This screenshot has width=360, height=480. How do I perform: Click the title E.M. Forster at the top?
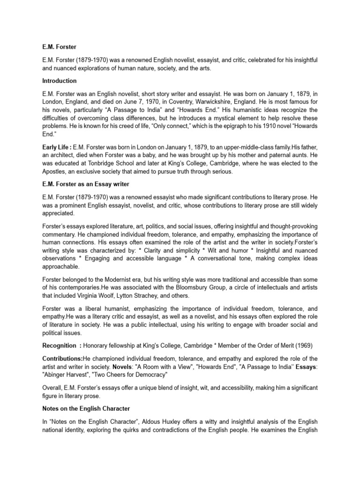pos(59,47)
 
